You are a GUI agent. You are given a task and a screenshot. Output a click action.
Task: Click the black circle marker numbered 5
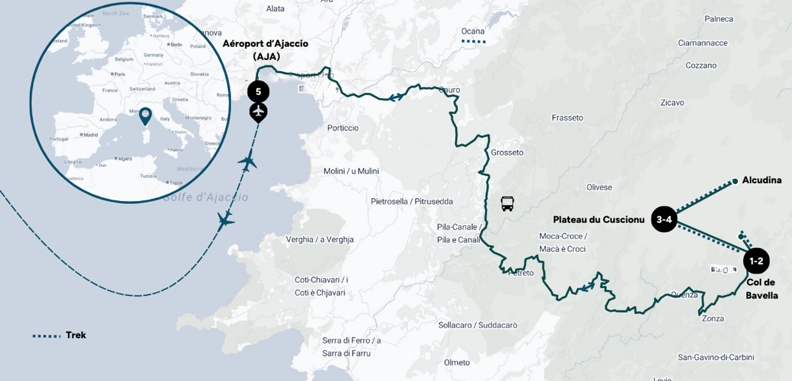pyautogui.click(x=258, y=92)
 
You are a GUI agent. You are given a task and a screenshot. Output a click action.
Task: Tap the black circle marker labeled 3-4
pyautogui.click(x=664, y=219)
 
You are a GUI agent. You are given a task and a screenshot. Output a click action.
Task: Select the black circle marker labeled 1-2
pyautogui.click(x=756, y=261)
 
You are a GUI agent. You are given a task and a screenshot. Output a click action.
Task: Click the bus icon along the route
pyautogui.click(x=507, y=203)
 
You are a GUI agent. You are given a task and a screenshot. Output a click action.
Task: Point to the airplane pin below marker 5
pyautogui.click(x=258, y=112)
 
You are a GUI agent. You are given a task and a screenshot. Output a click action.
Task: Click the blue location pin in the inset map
pyautogui.click(x=145, y=115)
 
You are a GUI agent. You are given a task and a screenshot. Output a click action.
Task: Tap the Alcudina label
pyautogui.click(x=761, y=180)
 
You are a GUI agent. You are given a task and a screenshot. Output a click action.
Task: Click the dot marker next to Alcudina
pyautogui.click(x=735, y=181)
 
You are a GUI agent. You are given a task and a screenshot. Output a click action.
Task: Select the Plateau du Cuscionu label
pyautogui.click(x=599, y=219)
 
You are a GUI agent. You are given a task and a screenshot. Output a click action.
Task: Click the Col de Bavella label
pyautogui.click(x=761, y=289)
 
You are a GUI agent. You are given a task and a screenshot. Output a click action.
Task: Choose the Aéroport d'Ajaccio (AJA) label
pyautogui.click(x=266, y=50)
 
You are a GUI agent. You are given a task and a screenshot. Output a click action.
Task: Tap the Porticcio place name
pyautogui.click(x=343, y=128)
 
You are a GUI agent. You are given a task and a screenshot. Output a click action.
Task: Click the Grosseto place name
pyautogui.click(x=507, y=153)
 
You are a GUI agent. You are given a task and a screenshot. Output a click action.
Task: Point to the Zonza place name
pyautogui.click(x=713, y=319)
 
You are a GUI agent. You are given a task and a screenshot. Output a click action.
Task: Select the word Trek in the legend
pyautogui.click(x=76, y=335)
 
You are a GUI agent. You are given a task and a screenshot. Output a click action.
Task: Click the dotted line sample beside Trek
pyautogui.click(x=47, y=336)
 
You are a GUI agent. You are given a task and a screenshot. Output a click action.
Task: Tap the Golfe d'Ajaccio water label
pyautogui.click(x=205, y=197)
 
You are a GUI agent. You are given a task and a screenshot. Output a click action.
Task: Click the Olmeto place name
pyautogui.click(x=457, y=362)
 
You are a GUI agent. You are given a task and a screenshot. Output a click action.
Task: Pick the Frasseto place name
pyautogui.click(x=567, y=118)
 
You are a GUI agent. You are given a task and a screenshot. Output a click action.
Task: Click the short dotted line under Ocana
pyautogui.click(x=473, y=41)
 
